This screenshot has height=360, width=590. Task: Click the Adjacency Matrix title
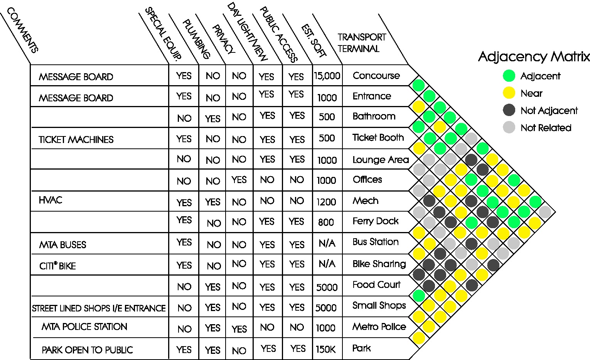click(534, 57)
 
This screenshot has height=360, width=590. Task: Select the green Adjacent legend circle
click(509, 76)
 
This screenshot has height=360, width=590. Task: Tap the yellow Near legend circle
click(509, 93)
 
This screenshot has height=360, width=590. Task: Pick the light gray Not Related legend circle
click(509, 127)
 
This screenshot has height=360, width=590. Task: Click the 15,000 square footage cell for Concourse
click(327, 76)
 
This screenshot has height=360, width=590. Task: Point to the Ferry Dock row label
click(375, 221)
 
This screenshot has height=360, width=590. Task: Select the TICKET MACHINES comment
click(76, 140)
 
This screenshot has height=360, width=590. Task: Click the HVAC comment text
click(50, 200)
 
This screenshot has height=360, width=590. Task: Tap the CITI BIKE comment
click(57, 266)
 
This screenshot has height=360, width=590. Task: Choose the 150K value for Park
click(325, 350)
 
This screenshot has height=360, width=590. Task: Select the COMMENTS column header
click(22, 31)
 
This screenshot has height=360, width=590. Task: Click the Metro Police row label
click(379, 327)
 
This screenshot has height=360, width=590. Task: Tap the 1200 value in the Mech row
click(326, 202)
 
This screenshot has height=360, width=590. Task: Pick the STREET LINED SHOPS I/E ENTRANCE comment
click(99, 308)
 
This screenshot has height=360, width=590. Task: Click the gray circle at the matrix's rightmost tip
click(544, 212)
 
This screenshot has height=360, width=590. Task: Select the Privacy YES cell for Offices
click(239, 180)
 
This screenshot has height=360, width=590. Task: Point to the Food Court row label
click(376, 285)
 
